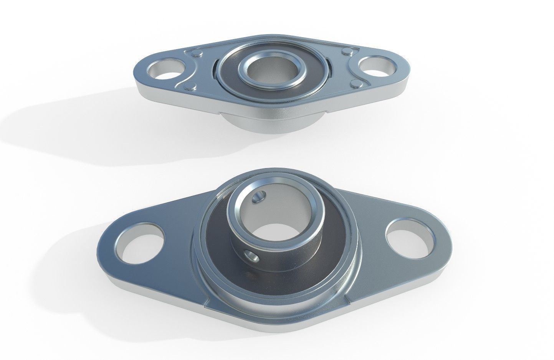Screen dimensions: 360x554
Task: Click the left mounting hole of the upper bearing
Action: (161, 69)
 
